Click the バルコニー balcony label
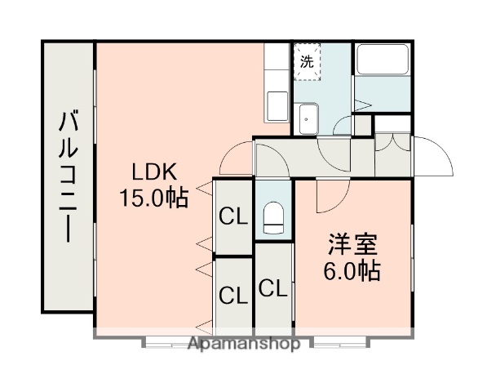[69, 178]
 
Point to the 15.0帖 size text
[154, 197]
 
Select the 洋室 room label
[352, 245]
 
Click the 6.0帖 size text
[353, 270]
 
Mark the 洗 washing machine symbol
[306, 60]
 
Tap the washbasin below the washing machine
[308, 118]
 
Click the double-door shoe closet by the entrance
[392, 142]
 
